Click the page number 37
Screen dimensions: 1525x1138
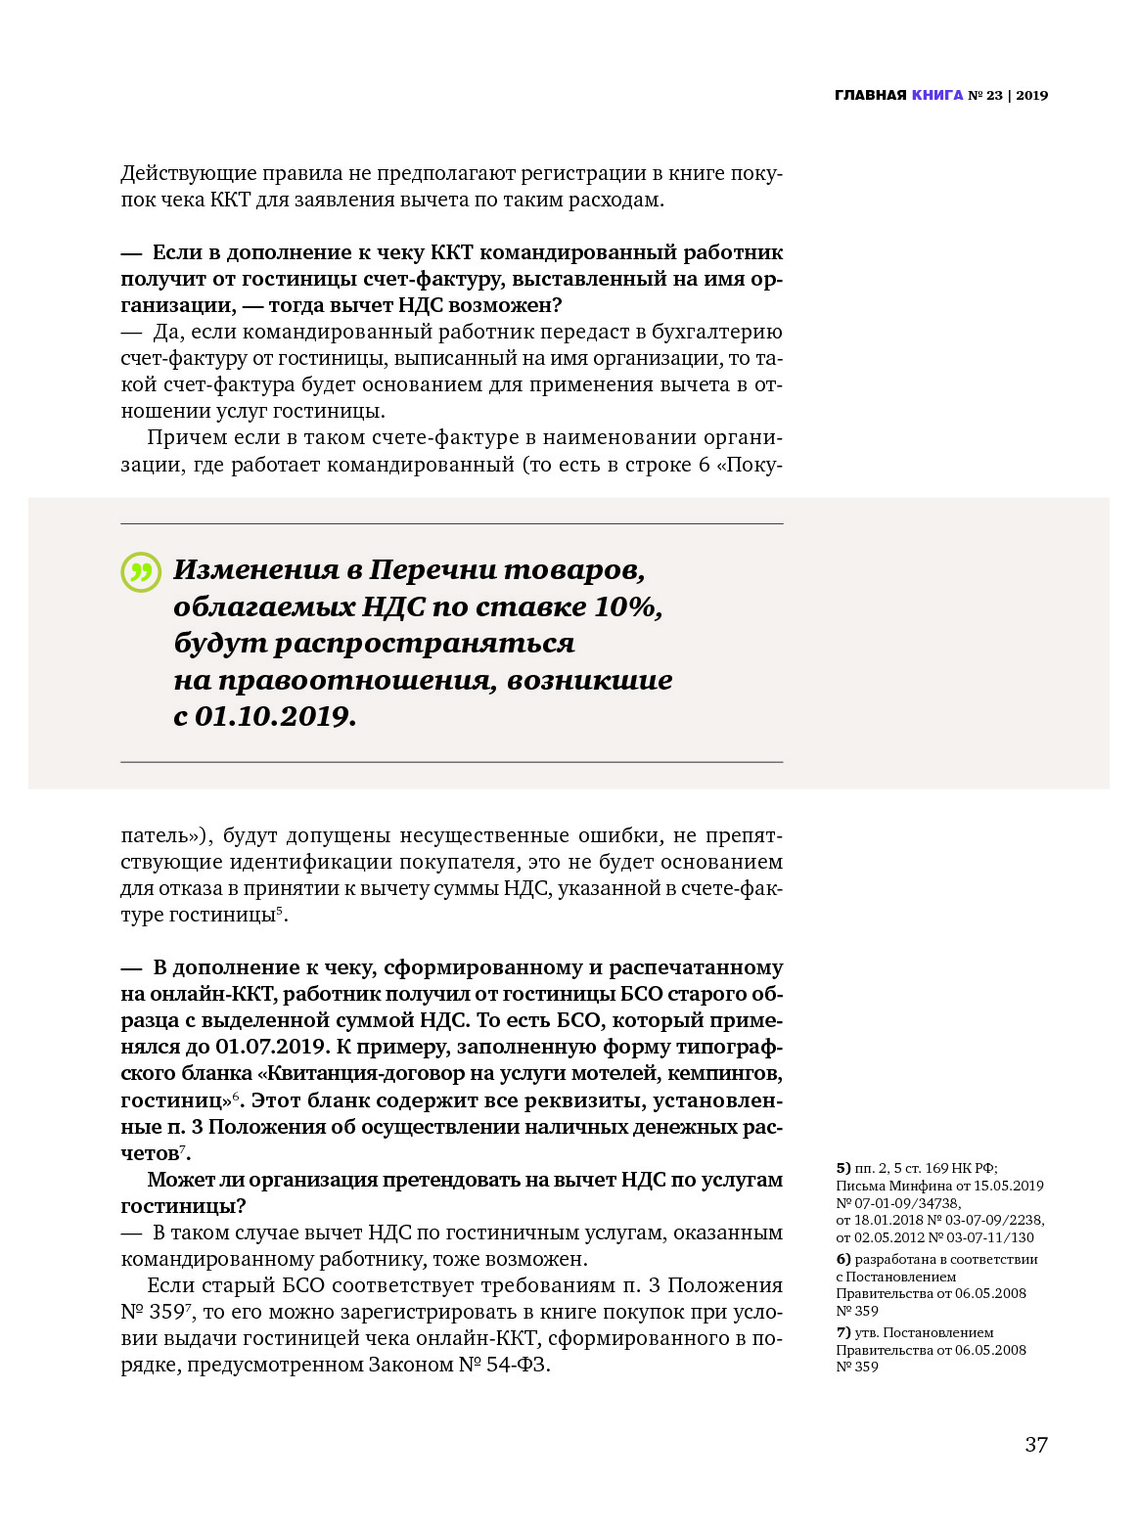(x=1036, y=1444)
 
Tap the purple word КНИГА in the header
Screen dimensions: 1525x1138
(x=937, y=95)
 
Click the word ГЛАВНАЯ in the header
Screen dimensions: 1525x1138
(x=870, y=95)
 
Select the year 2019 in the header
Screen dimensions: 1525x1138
(x=1031, y=95)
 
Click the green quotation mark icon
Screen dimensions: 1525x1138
(x=141, y=572)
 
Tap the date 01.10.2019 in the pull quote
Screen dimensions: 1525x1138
(x=274, y=716)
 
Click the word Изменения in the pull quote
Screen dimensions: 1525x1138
(x=255, y=569)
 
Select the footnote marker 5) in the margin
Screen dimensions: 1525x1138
(x=843, y=1168)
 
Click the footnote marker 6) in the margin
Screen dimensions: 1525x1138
(x=843, y=1259)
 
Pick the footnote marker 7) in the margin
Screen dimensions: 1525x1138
(x=843, y=1332)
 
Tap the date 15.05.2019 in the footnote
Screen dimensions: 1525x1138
(x=1008, y=1186)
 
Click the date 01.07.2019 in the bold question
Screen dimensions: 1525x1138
(x=270, y=1047)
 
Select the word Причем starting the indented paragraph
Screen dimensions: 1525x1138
(x=186, y=437)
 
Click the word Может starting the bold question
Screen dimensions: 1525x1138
(x=178, y=1180)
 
